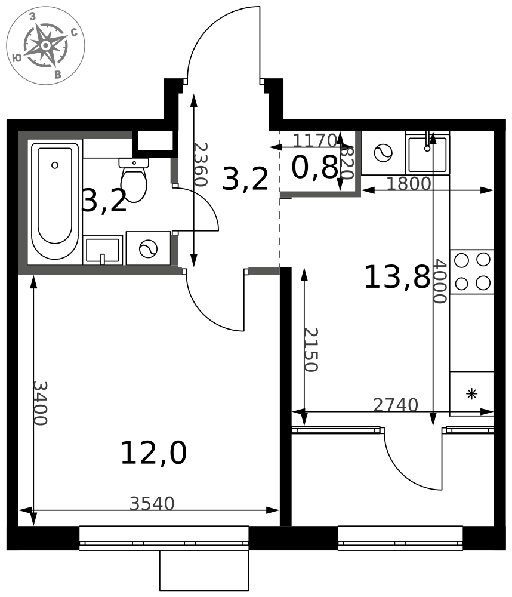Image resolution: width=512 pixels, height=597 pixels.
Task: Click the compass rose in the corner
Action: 46,46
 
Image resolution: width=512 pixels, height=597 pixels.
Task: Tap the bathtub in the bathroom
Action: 55,201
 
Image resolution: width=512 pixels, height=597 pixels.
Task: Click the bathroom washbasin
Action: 103,250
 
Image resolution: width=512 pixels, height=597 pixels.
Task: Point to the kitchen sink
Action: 427,153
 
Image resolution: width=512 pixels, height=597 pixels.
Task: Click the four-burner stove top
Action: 472,272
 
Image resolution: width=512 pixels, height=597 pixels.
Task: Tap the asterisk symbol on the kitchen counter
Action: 471,394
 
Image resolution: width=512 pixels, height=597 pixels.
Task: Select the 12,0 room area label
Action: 153,453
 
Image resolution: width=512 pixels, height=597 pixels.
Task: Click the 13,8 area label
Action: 397,277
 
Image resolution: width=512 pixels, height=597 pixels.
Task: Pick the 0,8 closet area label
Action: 315,167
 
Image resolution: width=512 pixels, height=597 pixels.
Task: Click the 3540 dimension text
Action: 152,503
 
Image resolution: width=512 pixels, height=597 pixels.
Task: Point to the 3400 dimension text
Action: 39,403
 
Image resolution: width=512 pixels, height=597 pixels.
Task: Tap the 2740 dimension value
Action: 396,405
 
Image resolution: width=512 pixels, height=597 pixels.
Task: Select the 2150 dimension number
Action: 311,350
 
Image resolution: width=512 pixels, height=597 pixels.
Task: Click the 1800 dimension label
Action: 408,183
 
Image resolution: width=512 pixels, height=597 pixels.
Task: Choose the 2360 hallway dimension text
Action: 201,165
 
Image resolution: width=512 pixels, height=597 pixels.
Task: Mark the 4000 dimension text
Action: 439,281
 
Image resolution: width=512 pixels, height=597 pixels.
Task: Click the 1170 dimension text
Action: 314,140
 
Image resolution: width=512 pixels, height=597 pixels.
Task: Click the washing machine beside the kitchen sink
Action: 383,153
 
